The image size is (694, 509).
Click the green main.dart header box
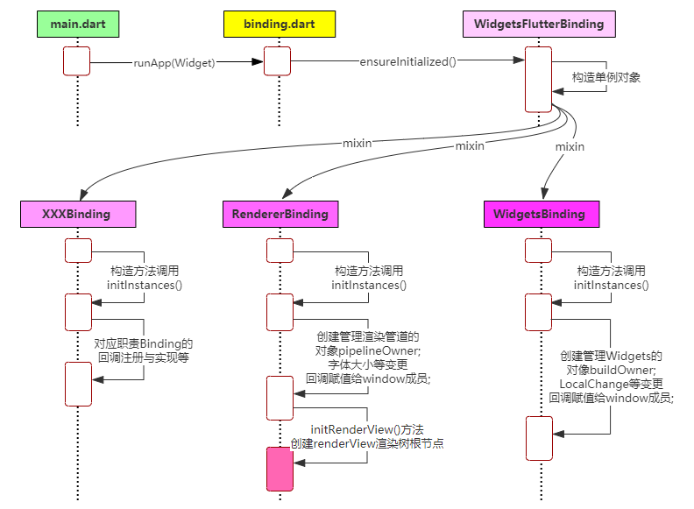coord(78,24)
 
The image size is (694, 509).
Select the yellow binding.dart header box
coord(280,24)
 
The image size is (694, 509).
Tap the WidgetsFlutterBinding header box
coord(539,24)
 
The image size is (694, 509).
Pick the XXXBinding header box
coord(78,215)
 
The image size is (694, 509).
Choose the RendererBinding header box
coord(280,215)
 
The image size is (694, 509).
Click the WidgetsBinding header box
coord(542,215)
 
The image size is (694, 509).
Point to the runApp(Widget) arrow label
coord(174,62)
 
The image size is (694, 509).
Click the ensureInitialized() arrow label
coord(407,61)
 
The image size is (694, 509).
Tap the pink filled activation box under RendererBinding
coord(280,469)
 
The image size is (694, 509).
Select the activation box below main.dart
coord(76,61)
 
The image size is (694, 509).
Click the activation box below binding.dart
coord(277,61)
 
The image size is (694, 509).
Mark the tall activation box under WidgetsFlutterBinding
coord(538,79)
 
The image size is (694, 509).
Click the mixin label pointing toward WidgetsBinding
coord(570,146)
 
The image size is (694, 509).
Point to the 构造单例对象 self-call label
coord(605,77)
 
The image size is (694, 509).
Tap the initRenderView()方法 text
coord(367,429)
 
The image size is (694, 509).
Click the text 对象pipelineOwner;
coord(368,351)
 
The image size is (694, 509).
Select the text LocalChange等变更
coord(612,384)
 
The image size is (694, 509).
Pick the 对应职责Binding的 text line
coord(144,344)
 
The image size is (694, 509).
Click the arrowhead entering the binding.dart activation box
coord(258,61)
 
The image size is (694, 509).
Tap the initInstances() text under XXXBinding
coord(145,285)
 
